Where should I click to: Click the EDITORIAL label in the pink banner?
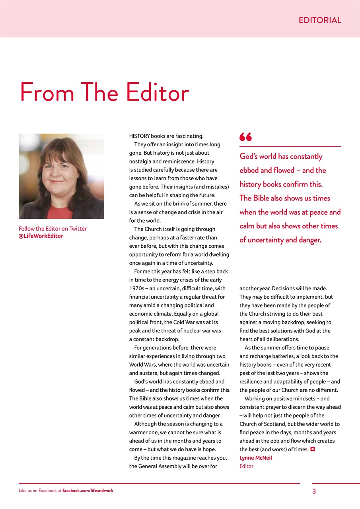[320, 20]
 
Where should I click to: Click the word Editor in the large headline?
[158, 92]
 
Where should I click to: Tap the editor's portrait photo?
[61, 176]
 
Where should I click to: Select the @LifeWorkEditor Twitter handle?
[41, 236]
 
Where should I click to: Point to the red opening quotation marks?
[245, 137]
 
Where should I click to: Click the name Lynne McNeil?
[256, 458]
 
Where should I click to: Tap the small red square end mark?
[313, 449]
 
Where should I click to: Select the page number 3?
[314, 491]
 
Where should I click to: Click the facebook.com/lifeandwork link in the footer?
[88, 491]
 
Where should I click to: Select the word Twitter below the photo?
[78, 229]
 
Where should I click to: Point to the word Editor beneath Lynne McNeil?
[246, 466]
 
